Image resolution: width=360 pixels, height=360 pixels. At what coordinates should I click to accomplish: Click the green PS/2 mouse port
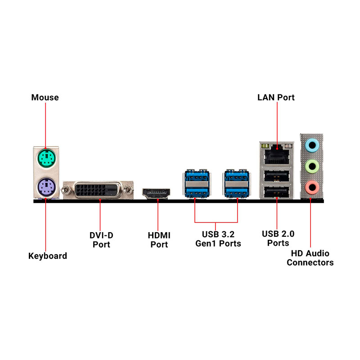[46, 158]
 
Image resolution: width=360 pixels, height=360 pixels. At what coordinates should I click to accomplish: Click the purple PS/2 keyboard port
[46, 187]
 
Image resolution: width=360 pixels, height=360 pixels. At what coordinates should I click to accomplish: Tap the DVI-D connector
[98, 190]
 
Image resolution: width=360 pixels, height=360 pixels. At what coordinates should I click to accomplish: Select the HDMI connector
[156, 193]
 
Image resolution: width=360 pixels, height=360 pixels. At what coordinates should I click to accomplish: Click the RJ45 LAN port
[277, 156]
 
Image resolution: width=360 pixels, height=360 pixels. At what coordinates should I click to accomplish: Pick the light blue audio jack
[312, 145]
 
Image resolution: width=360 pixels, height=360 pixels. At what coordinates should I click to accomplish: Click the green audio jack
[312, 166]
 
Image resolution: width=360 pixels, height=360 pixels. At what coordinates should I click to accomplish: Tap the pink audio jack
[312, 187]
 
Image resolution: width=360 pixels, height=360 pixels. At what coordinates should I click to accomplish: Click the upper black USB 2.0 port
[277, 176]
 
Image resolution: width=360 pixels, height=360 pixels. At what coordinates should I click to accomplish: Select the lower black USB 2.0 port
[277, 192]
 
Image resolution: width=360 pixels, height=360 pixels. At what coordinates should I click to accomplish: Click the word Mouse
[45, 97]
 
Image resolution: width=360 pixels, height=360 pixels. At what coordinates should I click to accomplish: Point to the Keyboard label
[48, 256]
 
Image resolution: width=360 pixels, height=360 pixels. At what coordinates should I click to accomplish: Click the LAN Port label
[276, 97]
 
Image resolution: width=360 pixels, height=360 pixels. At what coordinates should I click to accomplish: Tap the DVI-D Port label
[101, 240]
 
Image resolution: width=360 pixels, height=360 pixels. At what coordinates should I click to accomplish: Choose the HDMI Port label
[159, 240]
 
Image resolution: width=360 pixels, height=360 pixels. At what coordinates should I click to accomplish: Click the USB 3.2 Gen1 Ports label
[218, 239]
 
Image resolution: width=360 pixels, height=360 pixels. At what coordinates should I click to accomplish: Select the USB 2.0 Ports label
[278, 238]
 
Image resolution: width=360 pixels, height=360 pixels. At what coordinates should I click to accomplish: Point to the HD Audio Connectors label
[310, 258]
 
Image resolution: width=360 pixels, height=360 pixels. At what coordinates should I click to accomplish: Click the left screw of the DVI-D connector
[67, 190]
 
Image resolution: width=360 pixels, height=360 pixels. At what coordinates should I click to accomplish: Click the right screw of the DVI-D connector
[128, 190]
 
